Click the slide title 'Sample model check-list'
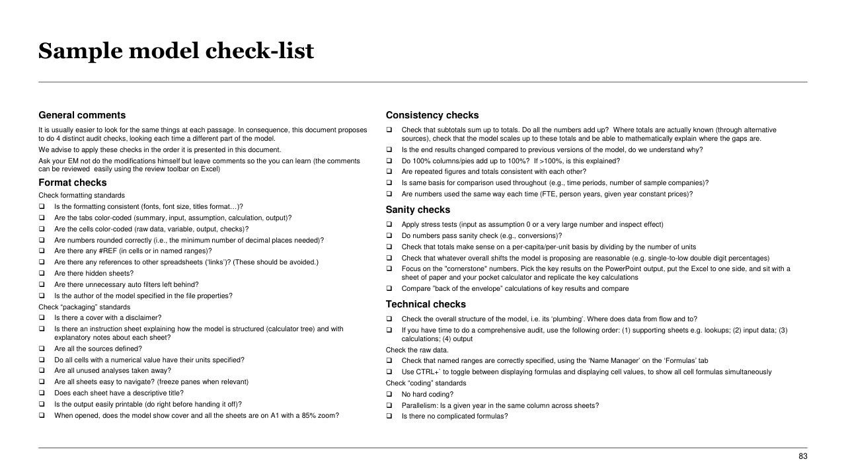pyautogui.click(x=176, y=51)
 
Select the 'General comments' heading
pyautogui.click(x=82, y=115)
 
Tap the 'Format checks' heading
pyautogui.click(x=72, y=182)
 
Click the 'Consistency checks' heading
pyautogui.click(x=432, y=115)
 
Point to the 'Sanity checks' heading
pyautogui.click(x=418, y=210)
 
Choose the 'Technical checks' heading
pyautogui.click(x=426, y=304)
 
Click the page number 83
pyautogui.click(x=803, y=456)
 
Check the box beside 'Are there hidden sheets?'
pyautogui.click(x=42, y=274)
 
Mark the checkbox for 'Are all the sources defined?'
pyautogui.click(x=42, y=349)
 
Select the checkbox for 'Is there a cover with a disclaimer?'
pyautogui.click(x=42, y=317)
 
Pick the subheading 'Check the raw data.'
pyautogui.click(x=417, y=350)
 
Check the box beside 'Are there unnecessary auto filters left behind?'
pyautogui.click(x=42, y=285)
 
